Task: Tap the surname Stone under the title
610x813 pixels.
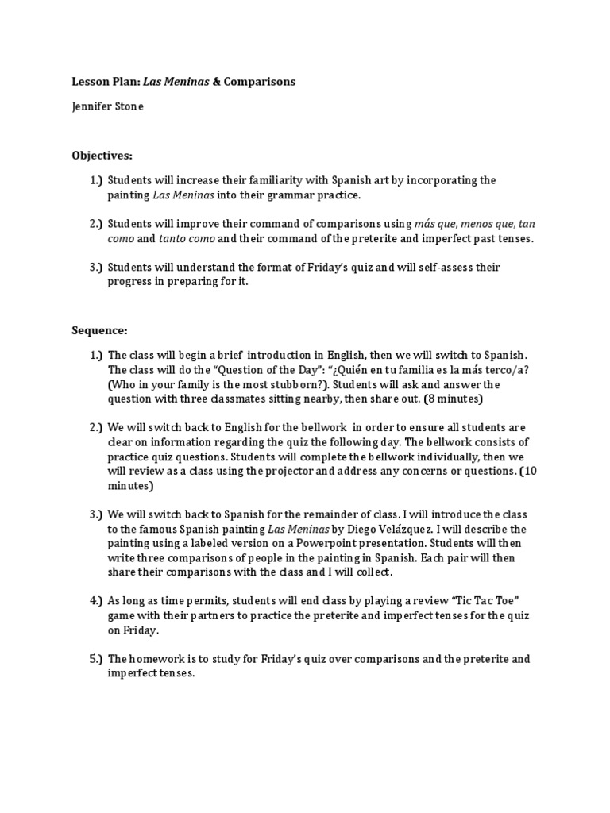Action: pyautogui.click(x=127, y=106)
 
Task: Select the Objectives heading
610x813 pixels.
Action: pyautogui.click(x=102, y=154)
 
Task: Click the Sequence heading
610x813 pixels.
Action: pyautogui.click(x=99, y=329)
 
